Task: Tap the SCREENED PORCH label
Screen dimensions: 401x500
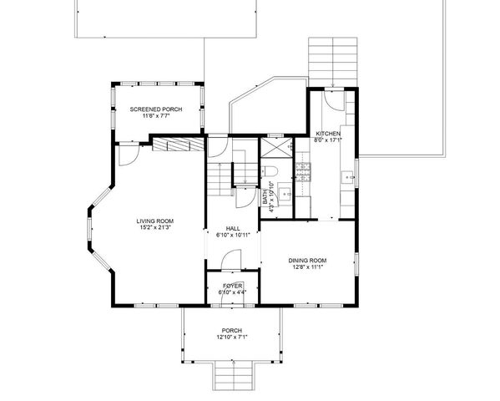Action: (x=157, y=109)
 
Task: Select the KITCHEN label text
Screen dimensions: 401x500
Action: (x=327, y=134)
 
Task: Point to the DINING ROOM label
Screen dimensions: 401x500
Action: (x=307, y=260)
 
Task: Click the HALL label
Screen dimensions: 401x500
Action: (x=234, y=228)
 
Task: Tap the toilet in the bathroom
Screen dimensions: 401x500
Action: (x=272, y=174)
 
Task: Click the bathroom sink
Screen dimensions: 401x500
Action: (x=285, y=195)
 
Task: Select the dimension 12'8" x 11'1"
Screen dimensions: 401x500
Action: (x=307, y=267)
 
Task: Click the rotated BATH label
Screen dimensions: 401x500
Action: (x=266, y=198)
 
